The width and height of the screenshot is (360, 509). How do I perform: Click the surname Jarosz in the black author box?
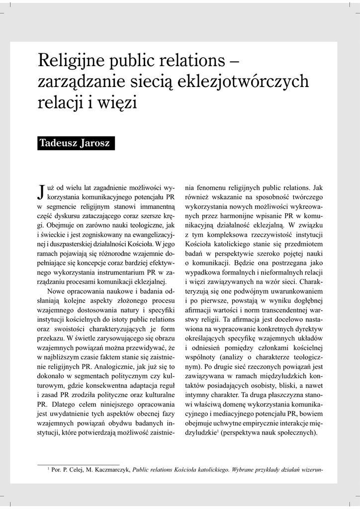point(95,145)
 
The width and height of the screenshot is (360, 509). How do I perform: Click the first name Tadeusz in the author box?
point(60,145)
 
